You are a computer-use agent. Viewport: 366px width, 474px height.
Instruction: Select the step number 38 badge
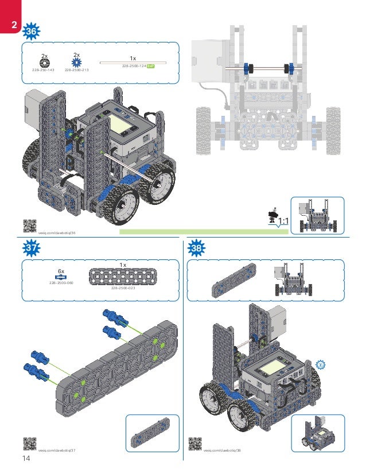pyautogui.click(x=197, y=247)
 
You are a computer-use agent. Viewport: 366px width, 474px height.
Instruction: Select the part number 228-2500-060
pyautogui.click(x=60, y=283)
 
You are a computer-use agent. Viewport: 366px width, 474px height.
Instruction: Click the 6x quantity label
pyautogui.click(x=60, y=270)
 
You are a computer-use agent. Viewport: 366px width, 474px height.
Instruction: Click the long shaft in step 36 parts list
pyautogui.click(x=133, y=62)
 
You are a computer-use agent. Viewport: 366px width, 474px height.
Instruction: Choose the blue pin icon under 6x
pyautogui.click(x=60, y=277)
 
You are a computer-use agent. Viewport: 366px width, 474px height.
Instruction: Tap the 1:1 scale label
pyautogui.click(x=282, y=220)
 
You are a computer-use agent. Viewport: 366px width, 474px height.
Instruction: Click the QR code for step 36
pyautogui.click(x=29, y=226)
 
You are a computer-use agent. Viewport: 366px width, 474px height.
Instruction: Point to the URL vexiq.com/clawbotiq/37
pyautogui.click(x=57, y=450)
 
